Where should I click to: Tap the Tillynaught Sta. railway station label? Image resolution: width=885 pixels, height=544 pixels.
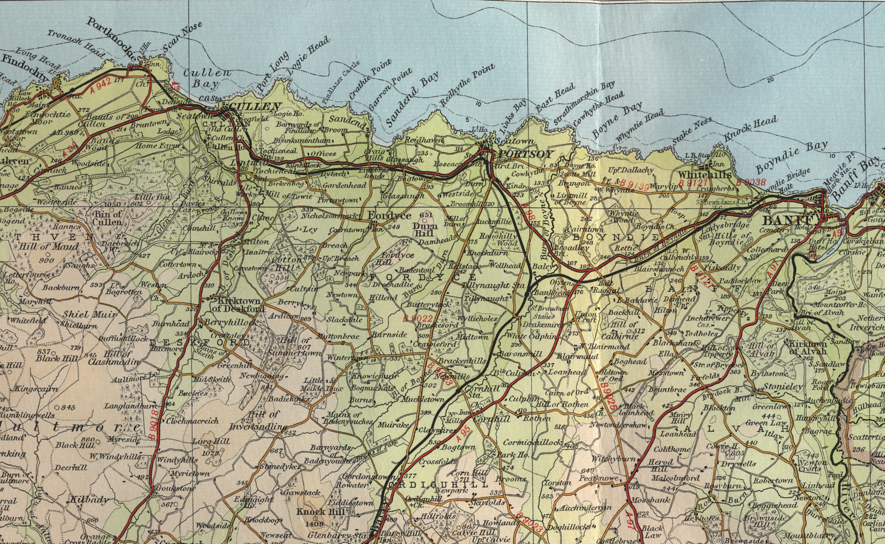494,286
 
